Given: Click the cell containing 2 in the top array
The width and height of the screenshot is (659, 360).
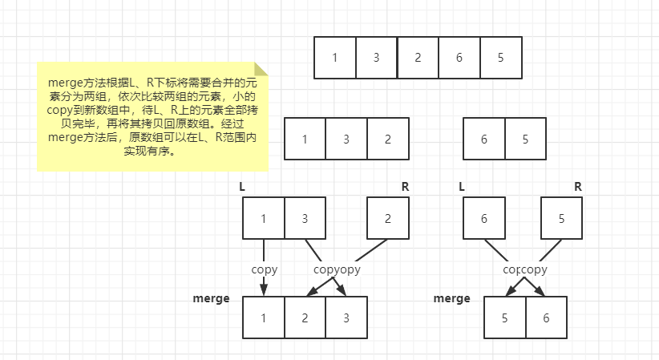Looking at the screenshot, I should [x=418, y=57].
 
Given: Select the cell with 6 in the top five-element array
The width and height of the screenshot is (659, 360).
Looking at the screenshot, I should [x=459, y=57].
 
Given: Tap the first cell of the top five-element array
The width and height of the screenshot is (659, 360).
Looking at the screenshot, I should [x=334, y=57].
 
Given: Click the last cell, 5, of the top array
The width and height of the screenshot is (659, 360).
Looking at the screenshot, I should [x=501, y=57].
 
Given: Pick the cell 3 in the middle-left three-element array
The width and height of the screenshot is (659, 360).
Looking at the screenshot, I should [x=346, y=139].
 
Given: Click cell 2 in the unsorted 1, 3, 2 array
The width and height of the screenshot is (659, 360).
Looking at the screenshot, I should [x=388, y=139].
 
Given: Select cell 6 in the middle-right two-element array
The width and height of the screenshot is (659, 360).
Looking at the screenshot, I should [x=484, y=139].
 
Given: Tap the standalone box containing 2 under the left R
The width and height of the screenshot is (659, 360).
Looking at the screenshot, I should [x=388, y=218].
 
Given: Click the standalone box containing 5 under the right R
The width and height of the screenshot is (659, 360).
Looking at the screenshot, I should [x=561, y=218].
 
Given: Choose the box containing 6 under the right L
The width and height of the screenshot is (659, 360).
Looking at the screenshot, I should [x=484, y=218].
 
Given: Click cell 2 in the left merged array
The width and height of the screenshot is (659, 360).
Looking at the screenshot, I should [x=305, y=317].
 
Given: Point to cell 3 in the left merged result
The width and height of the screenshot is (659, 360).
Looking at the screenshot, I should [x=346, y=317].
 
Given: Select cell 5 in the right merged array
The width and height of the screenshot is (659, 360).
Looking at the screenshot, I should [x=505, y=318].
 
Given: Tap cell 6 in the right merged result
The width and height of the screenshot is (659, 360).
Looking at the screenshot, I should [x=547, y=318].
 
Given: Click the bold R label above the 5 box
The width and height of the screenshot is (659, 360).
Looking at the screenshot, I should [x=577, y=187].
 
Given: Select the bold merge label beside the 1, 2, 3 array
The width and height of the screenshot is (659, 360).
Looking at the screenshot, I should [x=211, y=298].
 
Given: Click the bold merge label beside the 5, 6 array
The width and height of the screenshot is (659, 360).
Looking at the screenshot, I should [x=451, y=298].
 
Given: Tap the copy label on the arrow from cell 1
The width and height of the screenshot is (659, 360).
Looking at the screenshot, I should [x=264, y=269].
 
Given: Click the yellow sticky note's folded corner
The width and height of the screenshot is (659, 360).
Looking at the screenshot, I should [x=261, y=70].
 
